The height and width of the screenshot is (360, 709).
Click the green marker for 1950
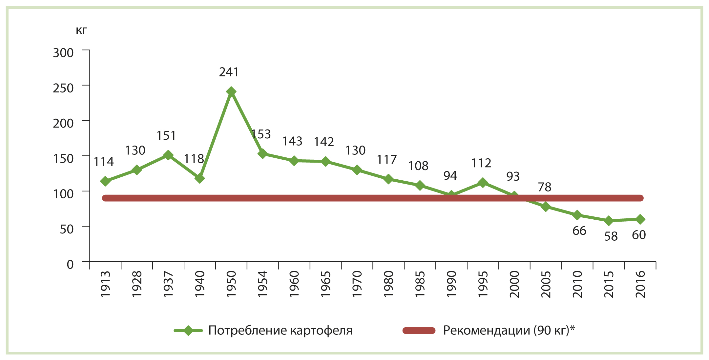tap(231, 91)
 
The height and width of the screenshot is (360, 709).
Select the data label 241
tap(229, 72)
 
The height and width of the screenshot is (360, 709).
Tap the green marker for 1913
tap(105, 181)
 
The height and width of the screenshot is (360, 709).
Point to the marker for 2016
tap(640, 219)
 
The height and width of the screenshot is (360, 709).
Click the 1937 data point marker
tap(168, 155)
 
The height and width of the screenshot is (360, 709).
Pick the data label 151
tap(166, 135)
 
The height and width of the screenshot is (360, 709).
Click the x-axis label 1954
tap(263, 284)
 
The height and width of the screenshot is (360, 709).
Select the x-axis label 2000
tap(514, 284)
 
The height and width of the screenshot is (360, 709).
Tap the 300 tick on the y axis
tap(63, 53)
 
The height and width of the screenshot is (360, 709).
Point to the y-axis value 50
tap(67, 229)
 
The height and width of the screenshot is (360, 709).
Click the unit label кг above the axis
tap(81, 30)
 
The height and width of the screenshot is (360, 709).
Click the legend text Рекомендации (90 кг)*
tap(509, 330)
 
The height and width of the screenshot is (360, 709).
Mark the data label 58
tap(611, 236)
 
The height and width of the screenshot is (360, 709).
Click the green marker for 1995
tap(483, 183)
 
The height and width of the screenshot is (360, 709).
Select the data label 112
tap(481, 163)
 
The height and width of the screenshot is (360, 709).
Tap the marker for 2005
tap(546, 207)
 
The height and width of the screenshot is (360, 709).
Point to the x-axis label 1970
tap(357, 284)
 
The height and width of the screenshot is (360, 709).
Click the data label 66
tap(579, 231)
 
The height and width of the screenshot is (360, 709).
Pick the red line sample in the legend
tap(419, 330)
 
